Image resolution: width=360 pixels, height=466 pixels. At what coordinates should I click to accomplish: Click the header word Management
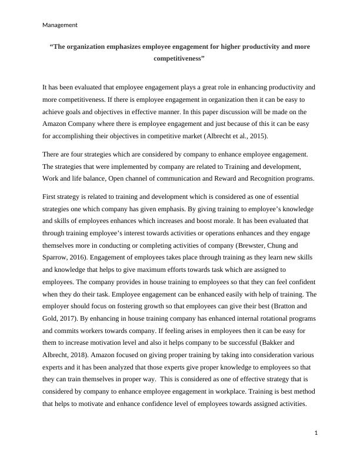pyautogui.click(x=60, y=25)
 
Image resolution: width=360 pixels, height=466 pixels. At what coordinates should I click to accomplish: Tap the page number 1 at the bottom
pyautogui.click(x=316, y=433)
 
